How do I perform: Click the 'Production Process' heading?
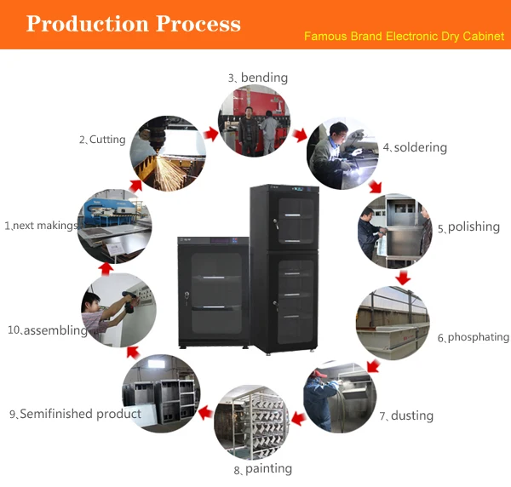[x=134, y=23]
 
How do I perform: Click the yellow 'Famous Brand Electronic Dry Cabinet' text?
[x=405, y=37]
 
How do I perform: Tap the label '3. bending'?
[x=258, y=77]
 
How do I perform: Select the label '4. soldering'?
[x=415, y=147]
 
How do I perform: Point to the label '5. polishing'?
[x=468, y=228]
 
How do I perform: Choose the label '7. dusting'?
[x=406, y=415]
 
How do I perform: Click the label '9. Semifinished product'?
[x=75, y=414]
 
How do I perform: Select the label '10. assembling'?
[x=48, y=330]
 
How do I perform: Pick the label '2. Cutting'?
[x=102, y=140]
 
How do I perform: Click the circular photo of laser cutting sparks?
[x=168, y=153]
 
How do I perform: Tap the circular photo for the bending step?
[x=253, y=121]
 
